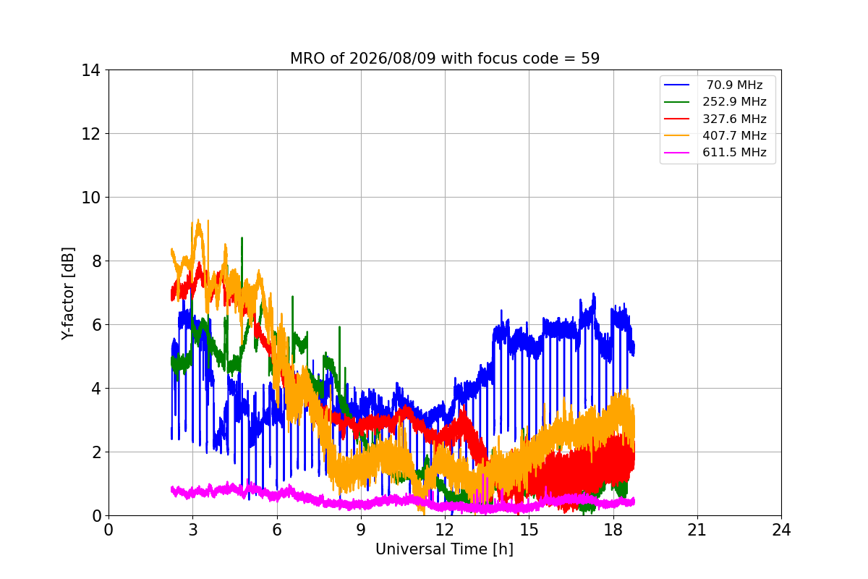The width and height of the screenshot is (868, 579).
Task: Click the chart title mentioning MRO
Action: click(x=445, y=59)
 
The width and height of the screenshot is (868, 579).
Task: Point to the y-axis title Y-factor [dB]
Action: click(x=68, y=294)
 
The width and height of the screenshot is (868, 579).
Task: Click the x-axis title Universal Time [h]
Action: click(x=444, y=549)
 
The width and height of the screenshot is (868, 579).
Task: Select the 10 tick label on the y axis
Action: click(x=90, y=198)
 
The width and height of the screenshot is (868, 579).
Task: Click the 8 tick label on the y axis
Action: click(x=96, y=261)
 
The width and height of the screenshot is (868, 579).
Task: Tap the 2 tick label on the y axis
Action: click(x=96, y=452)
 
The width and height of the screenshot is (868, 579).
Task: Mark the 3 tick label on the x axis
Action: click(x=193, y=530)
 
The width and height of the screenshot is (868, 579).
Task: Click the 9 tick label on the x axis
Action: click(x=361, y=530)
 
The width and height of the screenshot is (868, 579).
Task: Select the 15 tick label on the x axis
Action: click(x=529, y=530)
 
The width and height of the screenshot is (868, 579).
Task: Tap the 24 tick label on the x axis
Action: click(x=781, y=530)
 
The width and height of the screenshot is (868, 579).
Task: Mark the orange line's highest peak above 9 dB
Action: click(x=198, y=221)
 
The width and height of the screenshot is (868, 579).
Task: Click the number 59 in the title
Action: click(x=590, y=59)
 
